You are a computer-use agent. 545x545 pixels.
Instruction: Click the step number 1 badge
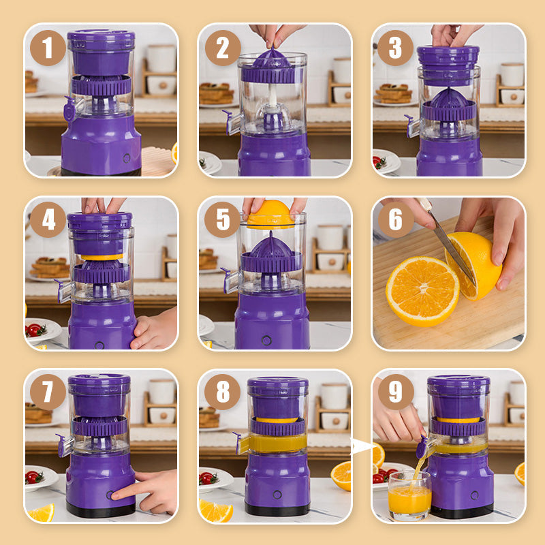click(48, 48)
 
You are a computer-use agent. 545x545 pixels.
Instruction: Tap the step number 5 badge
click(222, 219)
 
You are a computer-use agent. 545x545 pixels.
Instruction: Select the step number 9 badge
click(396, 392)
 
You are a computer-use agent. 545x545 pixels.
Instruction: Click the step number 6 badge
click(396, 219)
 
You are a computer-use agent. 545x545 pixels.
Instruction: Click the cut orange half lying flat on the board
click(422, 292)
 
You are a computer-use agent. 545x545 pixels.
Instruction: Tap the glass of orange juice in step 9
click(409, 495)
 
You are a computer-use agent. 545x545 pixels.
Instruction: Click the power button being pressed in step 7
click(110, 495)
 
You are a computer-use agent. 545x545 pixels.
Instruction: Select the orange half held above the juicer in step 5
click(270, 214)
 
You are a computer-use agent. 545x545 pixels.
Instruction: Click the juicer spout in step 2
click(232, 123)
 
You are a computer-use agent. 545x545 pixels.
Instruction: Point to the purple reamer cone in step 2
click(272, 59)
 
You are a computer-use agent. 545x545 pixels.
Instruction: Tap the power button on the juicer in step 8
click(277, 495)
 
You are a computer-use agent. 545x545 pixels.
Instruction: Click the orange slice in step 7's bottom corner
click(42, 513)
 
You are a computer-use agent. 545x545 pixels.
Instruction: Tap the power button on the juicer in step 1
click(127, 159)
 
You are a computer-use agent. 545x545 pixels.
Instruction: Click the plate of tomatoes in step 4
click(41, 330)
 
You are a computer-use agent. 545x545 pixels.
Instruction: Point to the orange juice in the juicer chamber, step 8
click(278, 443)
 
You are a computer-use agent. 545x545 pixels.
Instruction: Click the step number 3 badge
click(395, 48)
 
